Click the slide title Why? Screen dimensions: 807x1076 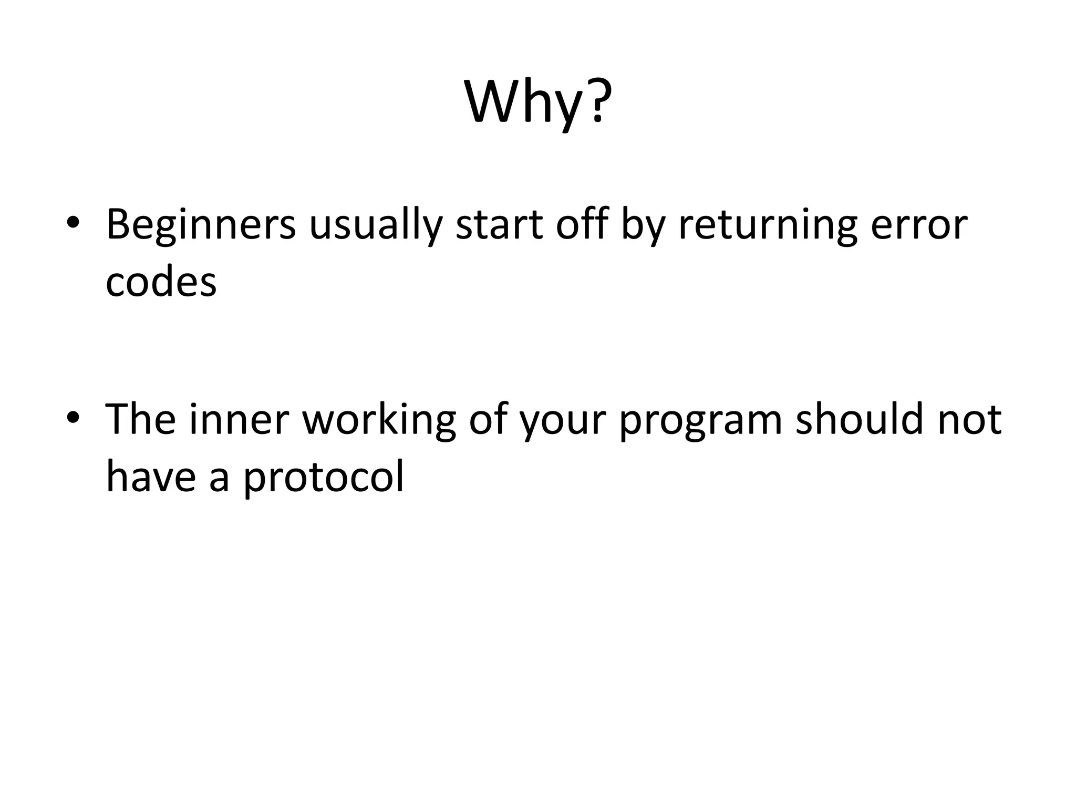pyautogui.click(x=538, y=102)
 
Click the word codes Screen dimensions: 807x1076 pyautogui.click(x=161, y=282)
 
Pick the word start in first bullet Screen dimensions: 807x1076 pyautogui.click(x=499, y=225)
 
